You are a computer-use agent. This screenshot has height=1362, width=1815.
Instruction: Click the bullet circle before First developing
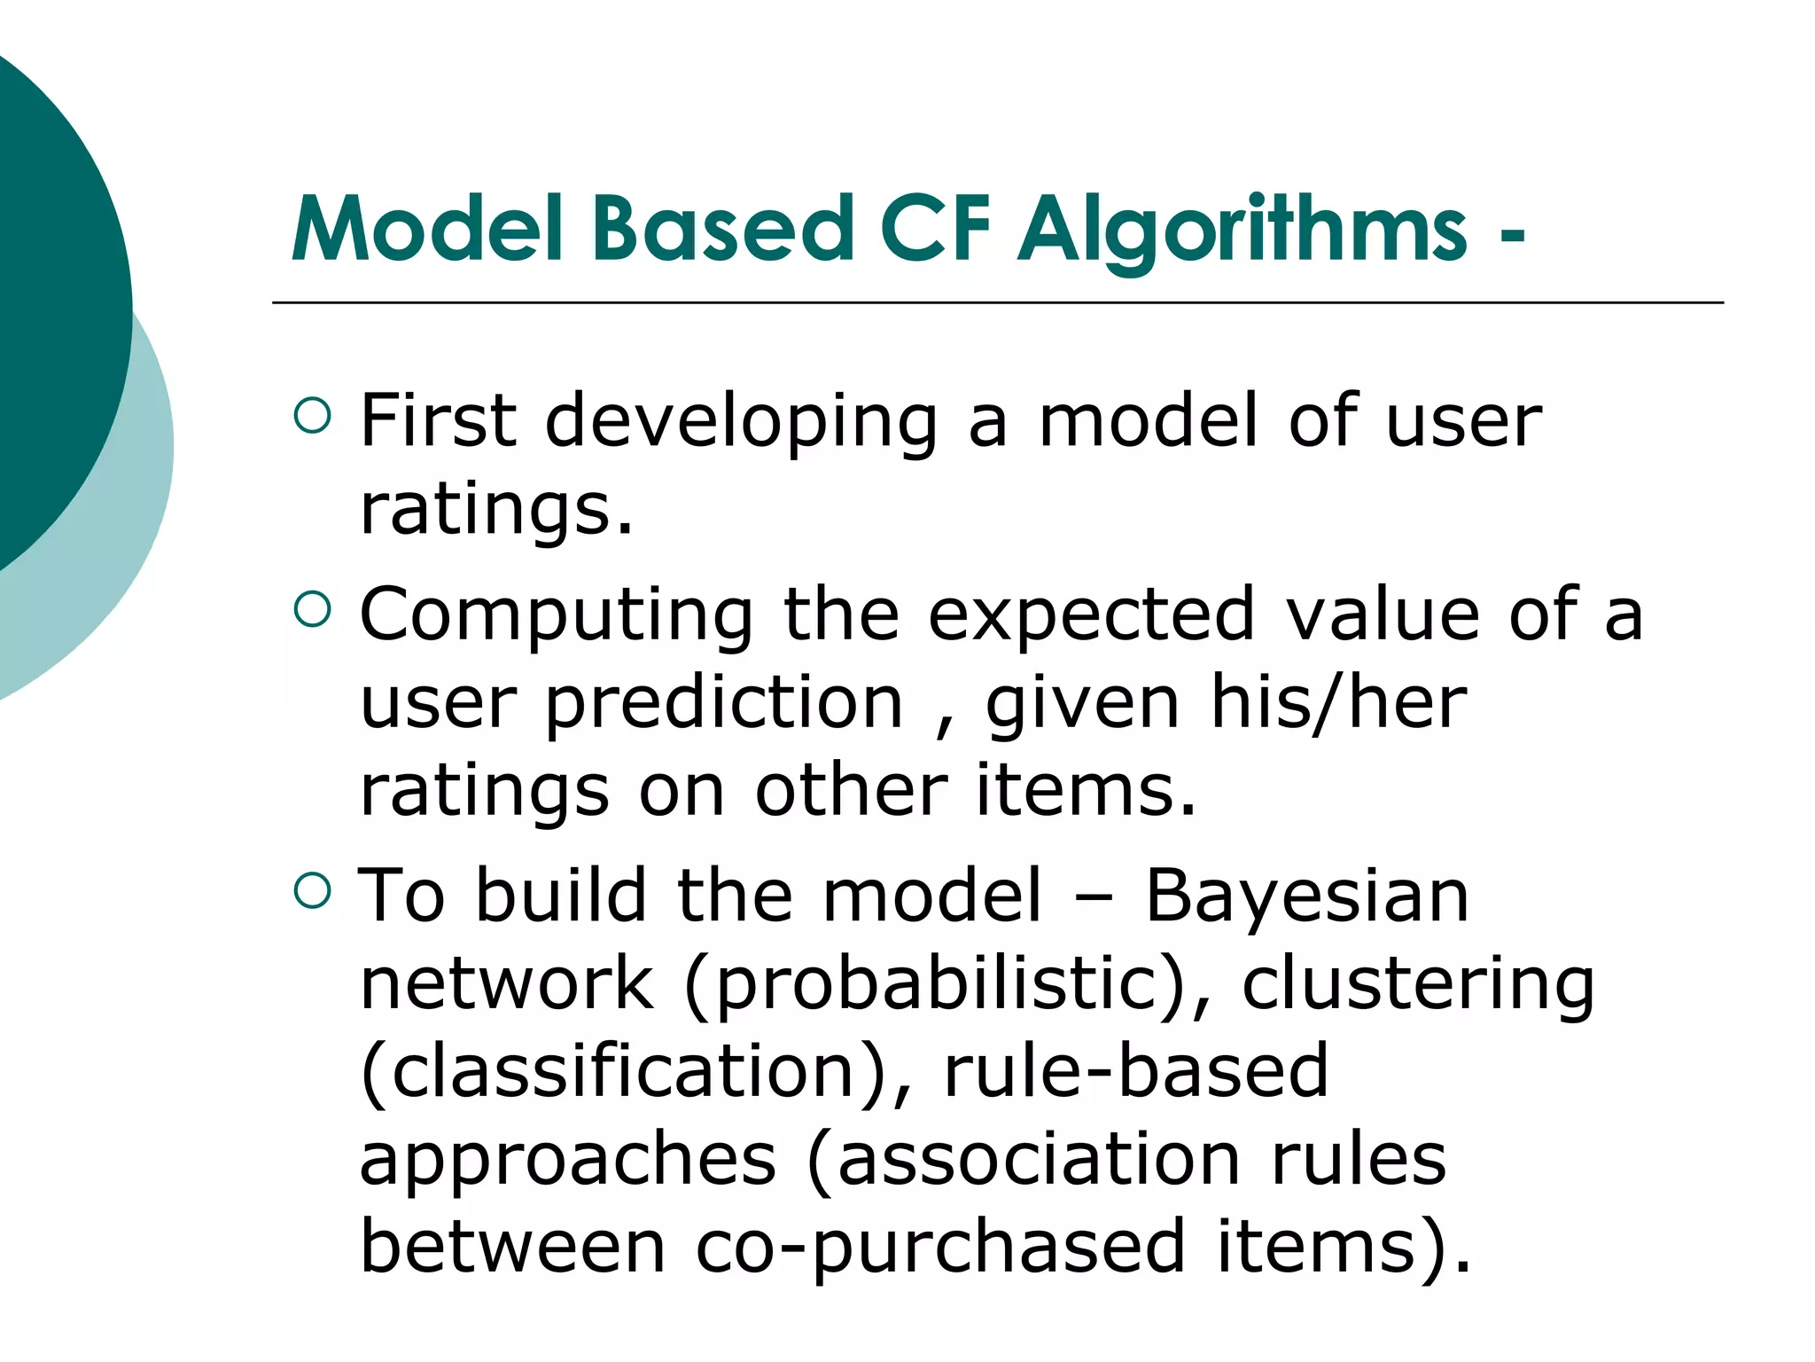pos(312,415)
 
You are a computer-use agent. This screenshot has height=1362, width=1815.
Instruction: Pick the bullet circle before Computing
pos(312,609)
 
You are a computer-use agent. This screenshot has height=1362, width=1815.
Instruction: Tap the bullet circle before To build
pos(312,890)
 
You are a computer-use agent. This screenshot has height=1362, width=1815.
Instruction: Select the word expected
pos(1091,614)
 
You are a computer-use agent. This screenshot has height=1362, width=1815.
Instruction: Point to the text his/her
pos(1338,703)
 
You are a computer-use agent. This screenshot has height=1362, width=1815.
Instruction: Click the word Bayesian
pos(1306,896)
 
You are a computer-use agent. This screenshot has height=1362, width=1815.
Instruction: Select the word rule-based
pos(1136,1071)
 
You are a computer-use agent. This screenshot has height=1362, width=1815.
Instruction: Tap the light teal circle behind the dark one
pos(133,532)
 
